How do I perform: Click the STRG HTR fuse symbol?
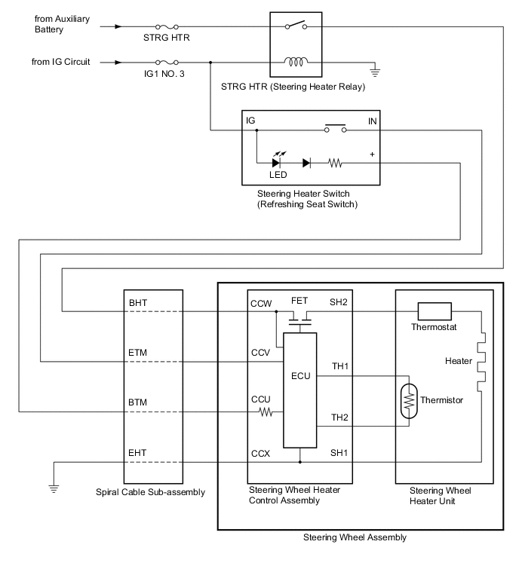click(165, 26)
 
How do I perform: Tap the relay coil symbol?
click(295, 62)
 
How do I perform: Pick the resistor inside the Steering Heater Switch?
click(335, 162)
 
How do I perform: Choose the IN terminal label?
click(372, 121)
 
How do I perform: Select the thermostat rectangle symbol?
click(433, 311)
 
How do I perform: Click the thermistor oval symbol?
click(408, 399)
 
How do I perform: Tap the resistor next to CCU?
click(266, 412)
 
